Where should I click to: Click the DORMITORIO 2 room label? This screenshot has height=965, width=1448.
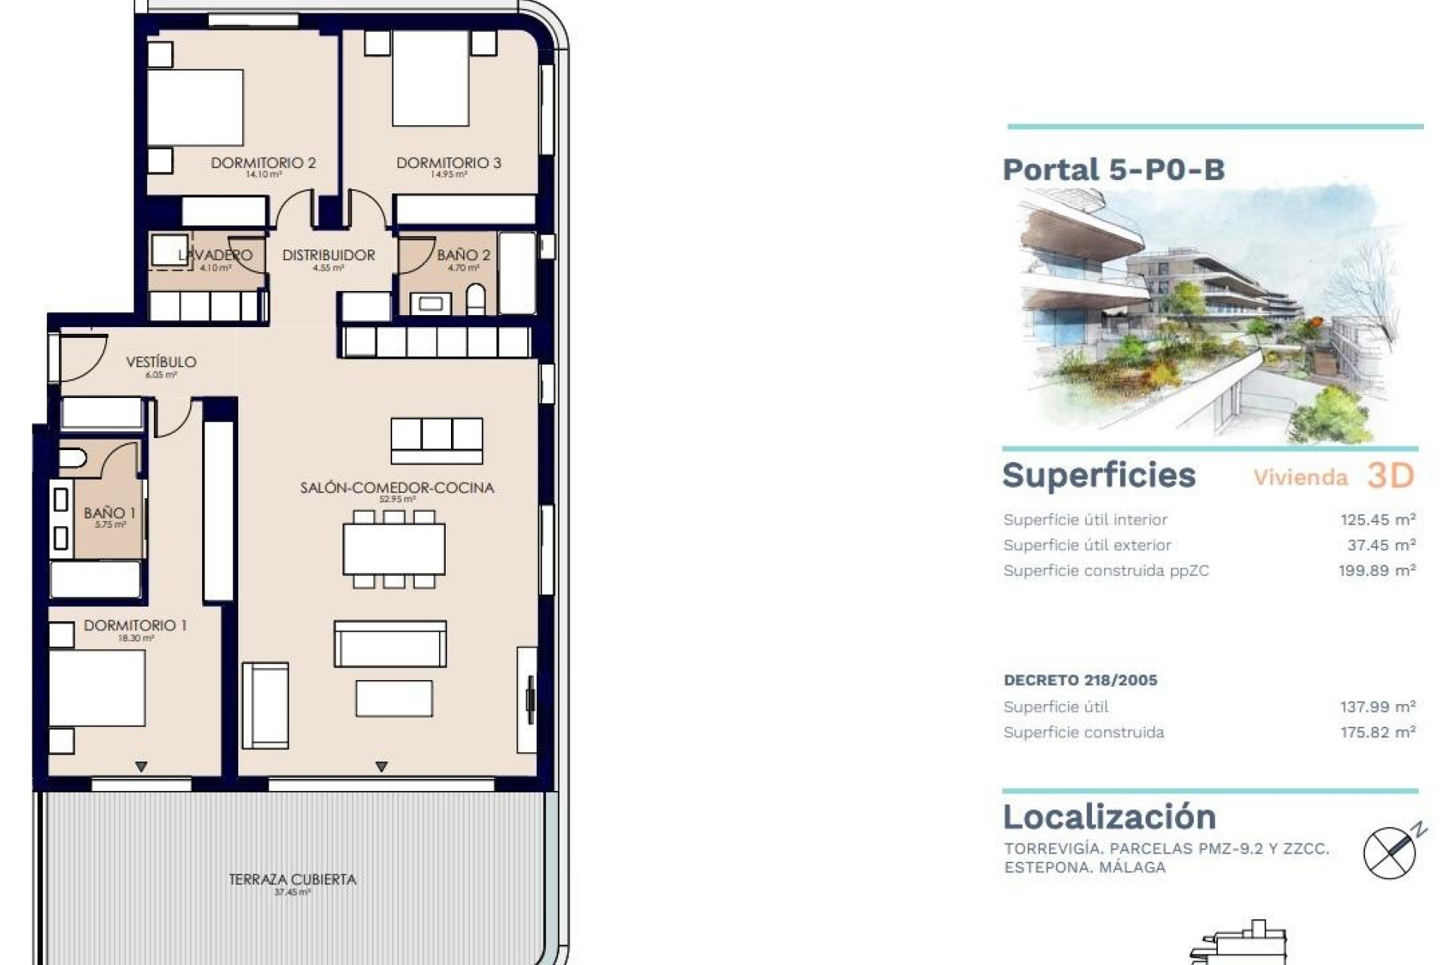pyautogui.click(x=263, y=163)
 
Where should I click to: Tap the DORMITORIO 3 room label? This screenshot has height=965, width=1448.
pyautogui.click(x=449, y=163)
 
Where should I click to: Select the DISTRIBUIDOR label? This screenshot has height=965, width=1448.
pyautogui.click(x=329, y=256)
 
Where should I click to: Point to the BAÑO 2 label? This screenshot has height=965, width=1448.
pyautogui.click(x=463, y=256)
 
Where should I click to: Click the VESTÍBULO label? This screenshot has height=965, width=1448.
pyautogui.click(x=161, y=363)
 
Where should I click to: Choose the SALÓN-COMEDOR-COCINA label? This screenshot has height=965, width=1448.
pyautogui.click(x=397, y=488)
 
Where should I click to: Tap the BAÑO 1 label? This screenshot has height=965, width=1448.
pyautogui.click(x=109, y=513)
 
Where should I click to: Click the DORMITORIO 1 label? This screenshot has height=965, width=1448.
pyautogui.click(x=135, y=626)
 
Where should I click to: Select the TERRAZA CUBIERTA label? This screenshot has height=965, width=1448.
pyautogui.click(x=293, y=880)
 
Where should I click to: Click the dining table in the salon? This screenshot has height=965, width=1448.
pyautogui.click(x=394, y=550)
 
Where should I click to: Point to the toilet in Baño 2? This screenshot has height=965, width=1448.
pyautogui.click(x=476, y=300)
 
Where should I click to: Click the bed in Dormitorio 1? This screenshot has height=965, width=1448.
pyautogui.click(x=97, y=688)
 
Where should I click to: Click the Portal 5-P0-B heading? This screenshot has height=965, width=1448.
pyautogui.click(x=1113, y=170)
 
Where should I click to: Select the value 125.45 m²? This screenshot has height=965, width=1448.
pyautogui.click(x=1377, y=519)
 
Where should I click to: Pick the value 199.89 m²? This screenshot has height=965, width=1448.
pyautogui.click(x=1376, y=571)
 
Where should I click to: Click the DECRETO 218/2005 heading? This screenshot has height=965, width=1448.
pyautogui.click(x=1080, y=680)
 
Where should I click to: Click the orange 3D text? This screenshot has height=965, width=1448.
pyautogui.click(x=1390, y=476)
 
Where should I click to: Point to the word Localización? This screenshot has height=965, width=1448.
pyautogui.click(x=1109, y=817)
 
